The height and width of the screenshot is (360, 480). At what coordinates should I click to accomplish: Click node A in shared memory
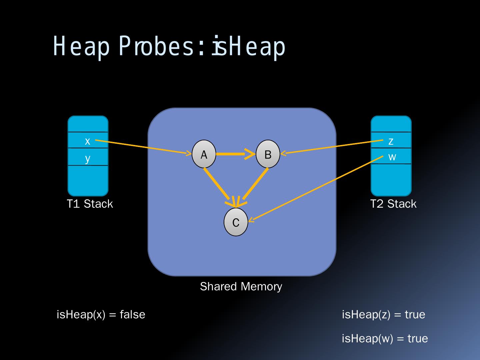[204, 154]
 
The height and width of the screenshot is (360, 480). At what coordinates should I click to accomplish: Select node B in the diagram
[268, 154]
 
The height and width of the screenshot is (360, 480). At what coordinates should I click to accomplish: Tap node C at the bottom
[236, 222]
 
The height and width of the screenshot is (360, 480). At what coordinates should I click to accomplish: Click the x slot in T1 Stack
[88, 141]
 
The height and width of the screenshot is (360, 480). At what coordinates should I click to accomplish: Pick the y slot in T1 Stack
[88, 158]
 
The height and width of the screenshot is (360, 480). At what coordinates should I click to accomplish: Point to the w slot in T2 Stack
[392, 156]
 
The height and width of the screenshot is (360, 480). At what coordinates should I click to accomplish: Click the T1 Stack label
[90, 204]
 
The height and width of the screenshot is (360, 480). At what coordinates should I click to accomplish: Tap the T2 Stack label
[393, 204]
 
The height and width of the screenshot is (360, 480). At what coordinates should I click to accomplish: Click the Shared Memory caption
[241, 286]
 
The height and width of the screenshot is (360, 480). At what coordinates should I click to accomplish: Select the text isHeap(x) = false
[101, 314]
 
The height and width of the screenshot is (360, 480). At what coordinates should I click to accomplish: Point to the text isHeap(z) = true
[383, 314]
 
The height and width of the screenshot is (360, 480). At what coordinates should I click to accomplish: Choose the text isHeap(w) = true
[385, 338]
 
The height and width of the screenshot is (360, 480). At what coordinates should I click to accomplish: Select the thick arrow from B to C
[255, 185]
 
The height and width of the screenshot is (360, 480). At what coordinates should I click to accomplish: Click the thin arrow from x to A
[140, 147]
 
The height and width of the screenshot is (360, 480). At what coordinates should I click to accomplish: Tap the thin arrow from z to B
[330, 147]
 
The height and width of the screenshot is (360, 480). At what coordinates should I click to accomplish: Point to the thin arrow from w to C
[317, 188]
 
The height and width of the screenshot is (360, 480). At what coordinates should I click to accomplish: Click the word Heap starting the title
[81, 47]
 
